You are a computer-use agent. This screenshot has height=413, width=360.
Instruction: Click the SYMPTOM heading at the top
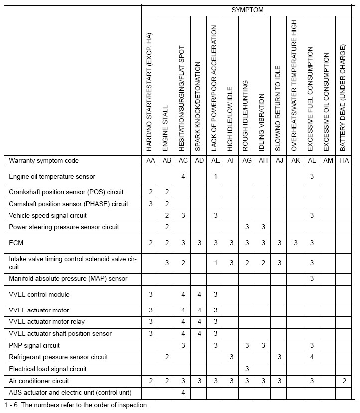247,9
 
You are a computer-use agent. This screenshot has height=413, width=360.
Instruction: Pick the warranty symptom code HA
344,161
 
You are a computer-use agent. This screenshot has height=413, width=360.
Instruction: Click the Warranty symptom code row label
44,161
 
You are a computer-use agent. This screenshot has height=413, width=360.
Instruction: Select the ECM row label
16,243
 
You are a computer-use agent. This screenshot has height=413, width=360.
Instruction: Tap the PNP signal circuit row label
34,345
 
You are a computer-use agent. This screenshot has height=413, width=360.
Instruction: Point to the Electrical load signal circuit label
48,369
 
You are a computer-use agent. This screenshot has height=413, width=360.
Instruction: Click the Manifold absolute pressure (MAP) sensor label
68,278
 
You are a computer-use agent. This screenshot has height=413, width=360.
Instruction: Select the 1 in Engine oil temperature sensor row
215,176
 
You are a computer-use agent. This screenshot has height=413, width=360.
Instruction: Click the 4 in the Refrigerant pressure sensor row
312,357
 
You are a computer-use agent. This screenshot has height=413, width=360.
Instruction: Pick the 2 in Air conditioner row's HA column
344,381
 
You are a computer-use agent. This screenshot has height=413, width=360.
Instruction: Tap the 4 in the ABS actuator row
183,393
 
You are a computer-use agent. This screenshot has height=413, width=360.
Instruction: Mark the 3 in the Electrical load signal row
247,369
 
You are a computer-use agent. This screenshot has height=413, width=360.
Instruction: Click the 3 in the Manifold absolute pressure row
312,278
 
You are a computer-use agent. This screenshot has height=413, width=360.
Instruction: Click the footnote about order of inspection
77,405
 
